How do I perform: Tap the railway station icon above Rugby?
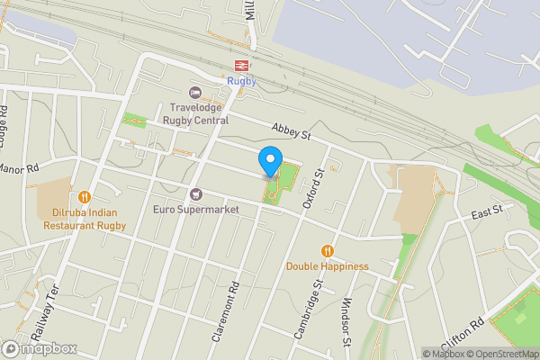(x=241, y=65)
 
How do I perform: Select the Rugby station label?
(x=241, y=81)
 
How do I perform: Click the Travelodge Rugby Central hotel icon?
(x=195, y=93)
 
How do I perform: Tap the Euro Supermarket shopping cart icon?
(x=195, y=194)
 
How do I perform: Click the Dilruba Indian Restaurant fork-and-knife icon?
(x=85, y=196)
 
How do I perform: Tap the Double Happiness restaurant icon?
(x=328, y=251)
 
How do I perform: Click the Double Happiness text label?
(x=328, y=266)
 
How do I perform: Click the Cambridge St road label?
(x=308, y=309)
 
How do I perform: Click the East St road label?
(x=487, y=211)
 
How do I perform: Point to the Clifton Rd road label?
(x=463, y=334)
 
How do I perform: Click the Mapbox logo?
(x=40, y=348)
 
